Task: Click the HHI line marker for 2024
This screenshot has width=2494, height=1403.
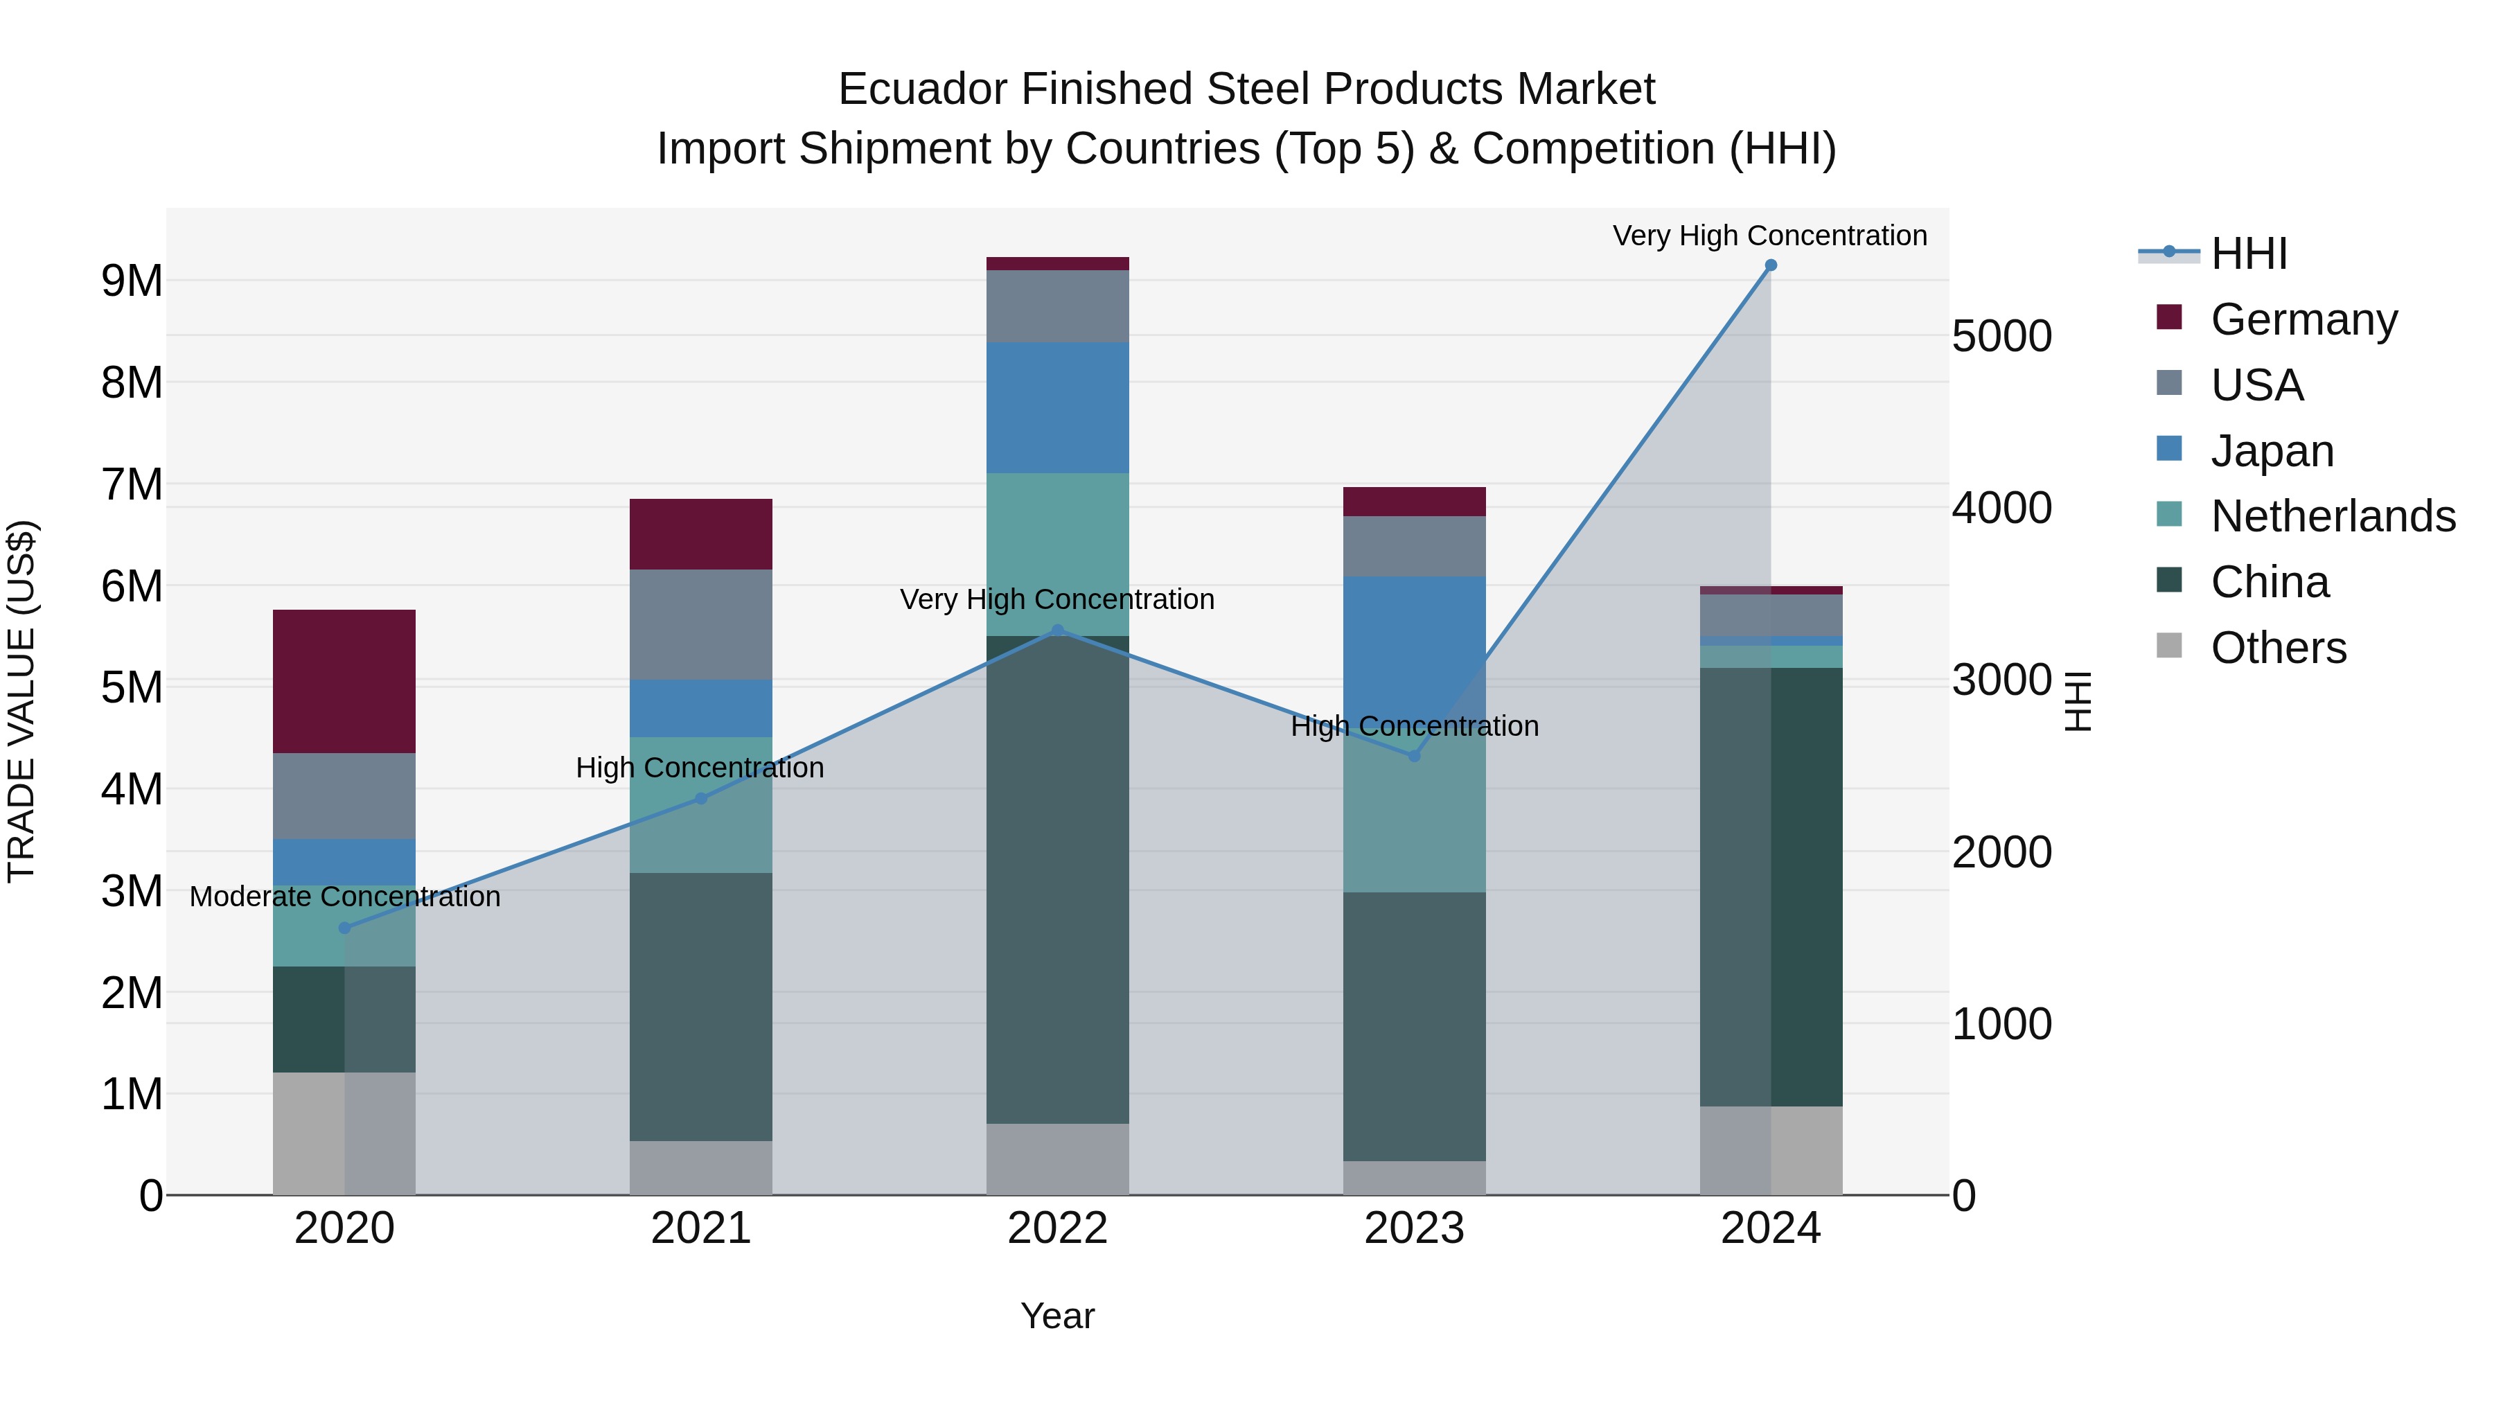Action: click(1771, 265)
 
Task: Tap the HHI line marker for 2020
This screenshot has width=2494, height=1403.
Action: click(345, 928)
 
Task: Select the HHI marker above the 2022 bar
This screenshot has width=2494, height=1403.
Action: click(1057, 630)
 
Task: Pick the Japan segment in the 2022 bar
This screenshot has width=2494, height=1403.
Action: click(1057, 407)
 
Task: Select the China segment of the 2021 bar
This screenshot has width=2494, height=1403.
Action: click(701, 1007)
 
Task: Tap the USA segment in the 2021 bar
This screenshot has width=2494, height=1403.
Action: click(701, 624)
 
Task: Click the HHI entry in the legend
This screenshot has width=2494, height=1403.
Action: click(2249, 254)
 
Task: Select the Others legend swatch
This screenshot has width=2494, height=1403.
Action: click(2170, 646)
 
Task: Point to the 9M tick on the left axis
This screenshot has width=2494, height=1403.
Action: click(132, 281)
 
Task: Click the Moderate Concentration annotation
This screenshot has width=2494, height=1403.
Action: click(345, 897)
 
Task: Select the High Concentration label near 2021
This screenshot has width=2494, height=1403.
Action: click(700, 768)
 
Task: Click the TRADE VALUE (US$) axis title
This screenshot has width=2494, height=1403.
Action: click(21, 701)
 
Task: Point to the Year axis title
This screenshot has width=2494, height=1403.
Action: click(1057, 1316)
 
